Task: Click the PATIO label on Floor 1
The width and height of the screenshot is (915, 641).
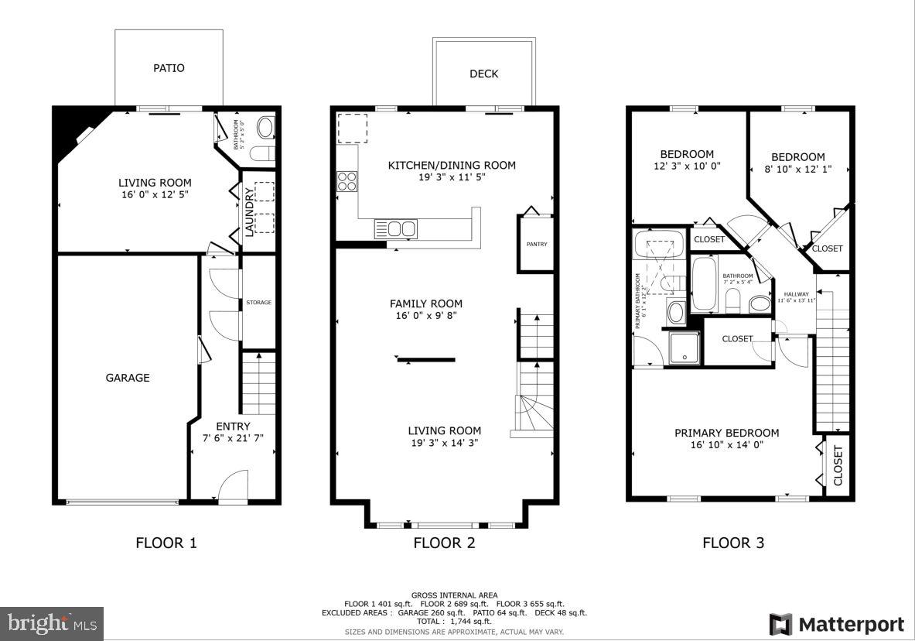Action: [x=169, y=68]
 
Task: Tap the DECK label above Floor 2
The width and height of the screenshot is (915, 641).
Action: [x=484, y=74]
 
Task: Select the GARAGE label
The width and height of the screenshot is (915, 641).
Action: [x=128, y=378]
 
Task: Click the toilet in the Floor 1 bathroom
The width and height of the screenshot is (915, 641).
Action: [x=264, y=128]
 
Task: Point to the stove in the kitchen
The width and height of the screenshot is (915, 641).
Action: [x=347, y=181]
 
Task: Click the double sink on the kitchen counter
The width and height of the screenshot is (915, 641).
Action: [x=395, y=228]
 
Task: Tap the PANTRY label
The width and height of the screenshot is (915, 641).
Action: [x=537, y=245]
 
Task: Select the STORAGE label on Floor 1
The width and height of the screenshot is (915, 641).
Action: [x=258, y=303]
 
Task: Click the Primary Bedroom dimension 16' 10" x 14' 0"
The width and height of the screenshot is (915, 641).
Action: [x=726, y=445]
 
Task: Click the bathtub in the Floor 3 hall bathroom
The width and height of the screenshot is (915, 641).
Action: [x=705, y=284]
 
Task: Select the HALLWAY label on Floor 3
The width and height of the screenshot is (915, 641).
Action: [x=796, y=294]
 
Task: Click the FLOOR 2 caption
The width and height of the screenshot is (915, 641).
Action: [x=444, y=543]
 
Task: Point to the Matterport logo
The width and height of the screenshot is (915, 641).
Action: [x=836, y=624]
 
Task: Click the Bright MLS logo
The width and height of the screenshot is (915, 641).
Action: [x=52, y=622]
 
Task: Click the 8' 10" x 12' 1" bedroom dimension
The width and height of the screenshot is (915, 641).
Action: [x=797, y=170]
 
